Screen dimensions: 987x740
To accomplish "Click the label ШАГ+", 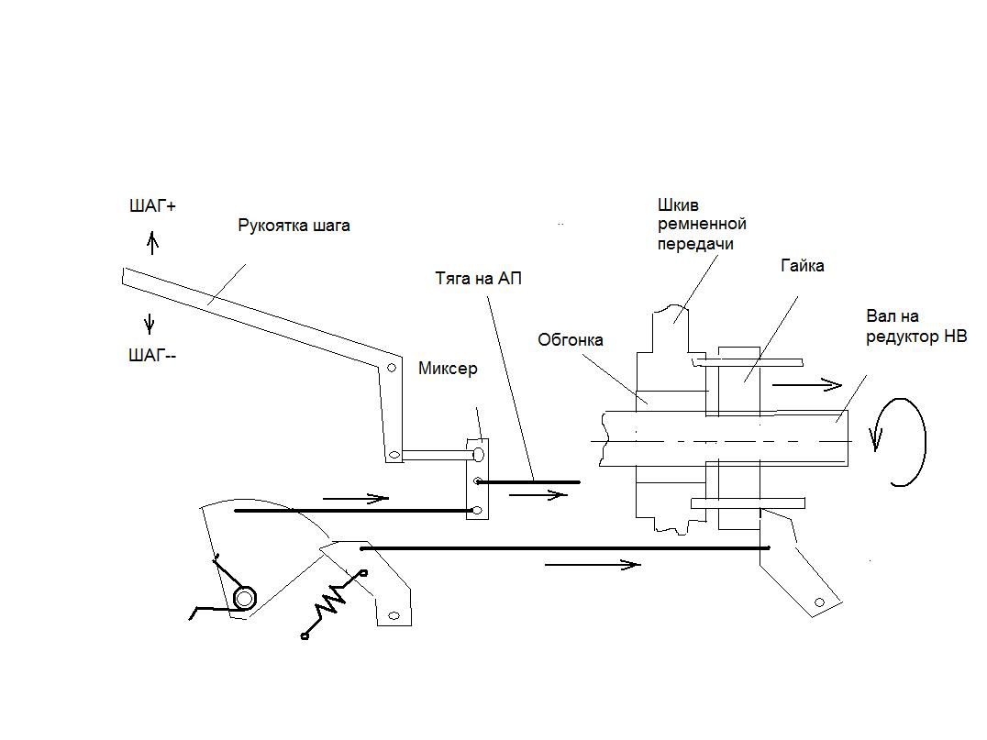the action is [x=152, y=206].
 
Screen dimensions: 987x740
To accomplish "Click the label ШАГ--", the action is [x=152, y=356].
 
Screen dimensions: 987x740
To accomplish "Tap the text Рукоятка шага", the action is [x=294, y=226].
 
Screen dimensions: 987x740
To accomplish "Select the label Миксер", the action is [x=448, y=368].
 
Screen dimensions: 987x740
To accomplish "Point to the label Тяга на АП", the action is [x=479, y=278].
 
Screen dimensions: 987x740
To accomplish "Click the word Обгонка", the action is [x=571, y=340].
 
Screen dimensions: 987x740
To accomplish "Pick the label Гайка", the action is [x=803, y=266].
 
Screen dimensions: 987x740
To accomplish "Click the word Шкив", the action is [x=678, y=205].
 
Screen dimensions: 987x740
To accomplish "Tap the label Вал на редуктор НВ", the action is [x=916, y=326].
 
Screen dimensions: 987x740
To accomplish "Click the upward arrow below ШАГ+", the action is [x=152, y=242].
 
